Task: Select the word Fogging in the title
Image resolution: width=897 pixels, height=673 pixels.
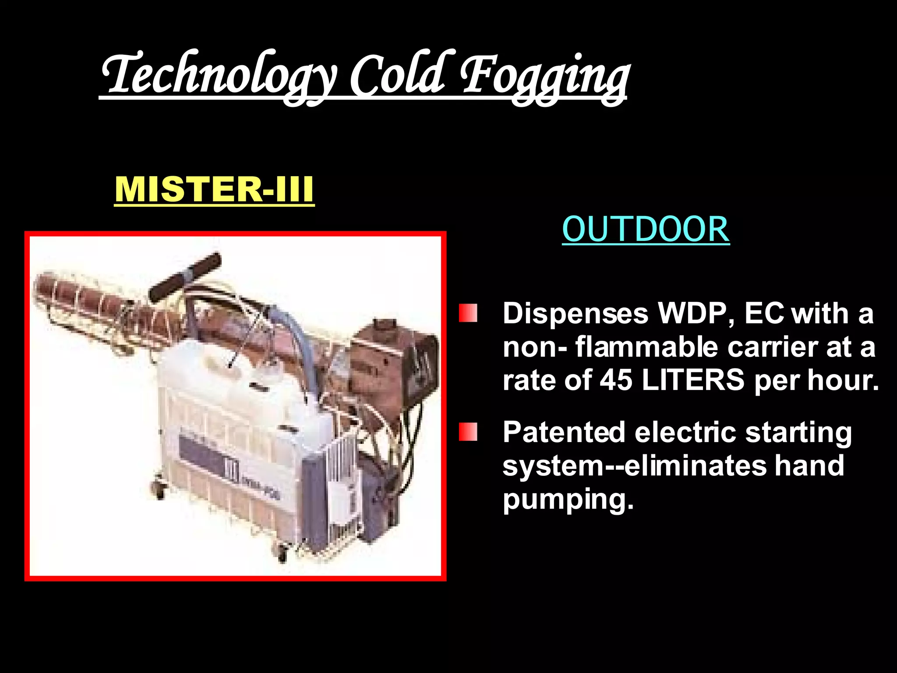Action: tap(543, 77)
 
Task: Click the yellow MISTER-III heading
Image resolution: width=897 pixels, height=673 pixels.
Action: tap(214, 189)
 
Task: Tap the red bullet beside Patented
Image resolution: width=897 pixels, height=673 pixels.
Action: tap(468, 432)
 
